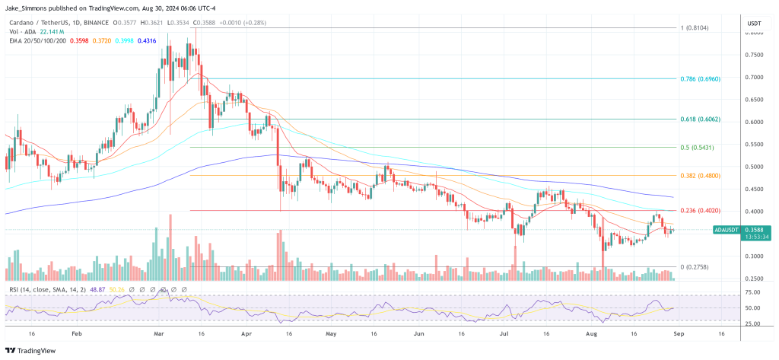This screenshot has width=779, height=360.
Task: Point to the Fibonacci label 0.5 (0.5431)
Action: coord(695,147)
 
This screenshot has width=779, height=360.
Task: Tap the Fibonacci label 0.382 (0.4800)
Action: coord(698,176)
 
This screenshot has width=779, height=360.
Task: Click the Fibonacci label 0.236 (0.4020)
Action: coord(698,211)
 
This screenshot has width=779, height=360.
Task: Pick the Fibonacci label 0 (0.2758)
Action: coord(694,267)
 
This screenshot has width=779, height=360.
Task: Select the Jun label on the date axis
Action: coord(418,333)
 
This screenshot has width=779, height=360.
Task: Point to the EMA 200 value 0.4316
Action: coord(148,40)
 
